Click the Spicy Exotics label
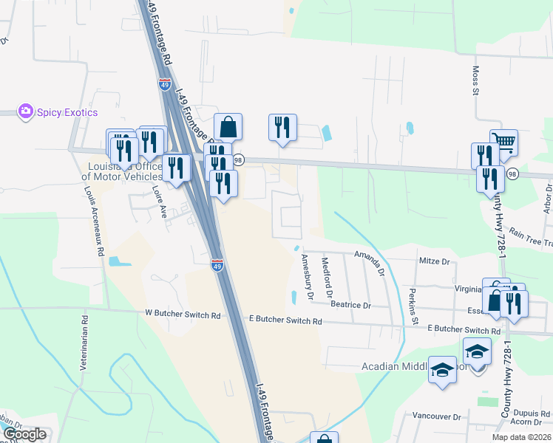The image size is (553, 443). point(67,112)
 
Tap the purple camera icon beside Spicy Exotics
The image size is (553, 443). point(27,111)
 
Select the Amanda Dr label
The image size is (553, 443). point(370,261)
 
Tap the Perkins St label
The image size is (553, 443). point(410,306)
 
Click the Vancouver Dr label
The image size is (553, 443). point(436,416)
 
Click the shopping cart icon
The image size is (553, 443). point(503,142)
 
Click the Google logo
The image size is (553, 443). point(24,434)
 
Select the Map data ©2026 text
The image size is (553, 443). point(520,437)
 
